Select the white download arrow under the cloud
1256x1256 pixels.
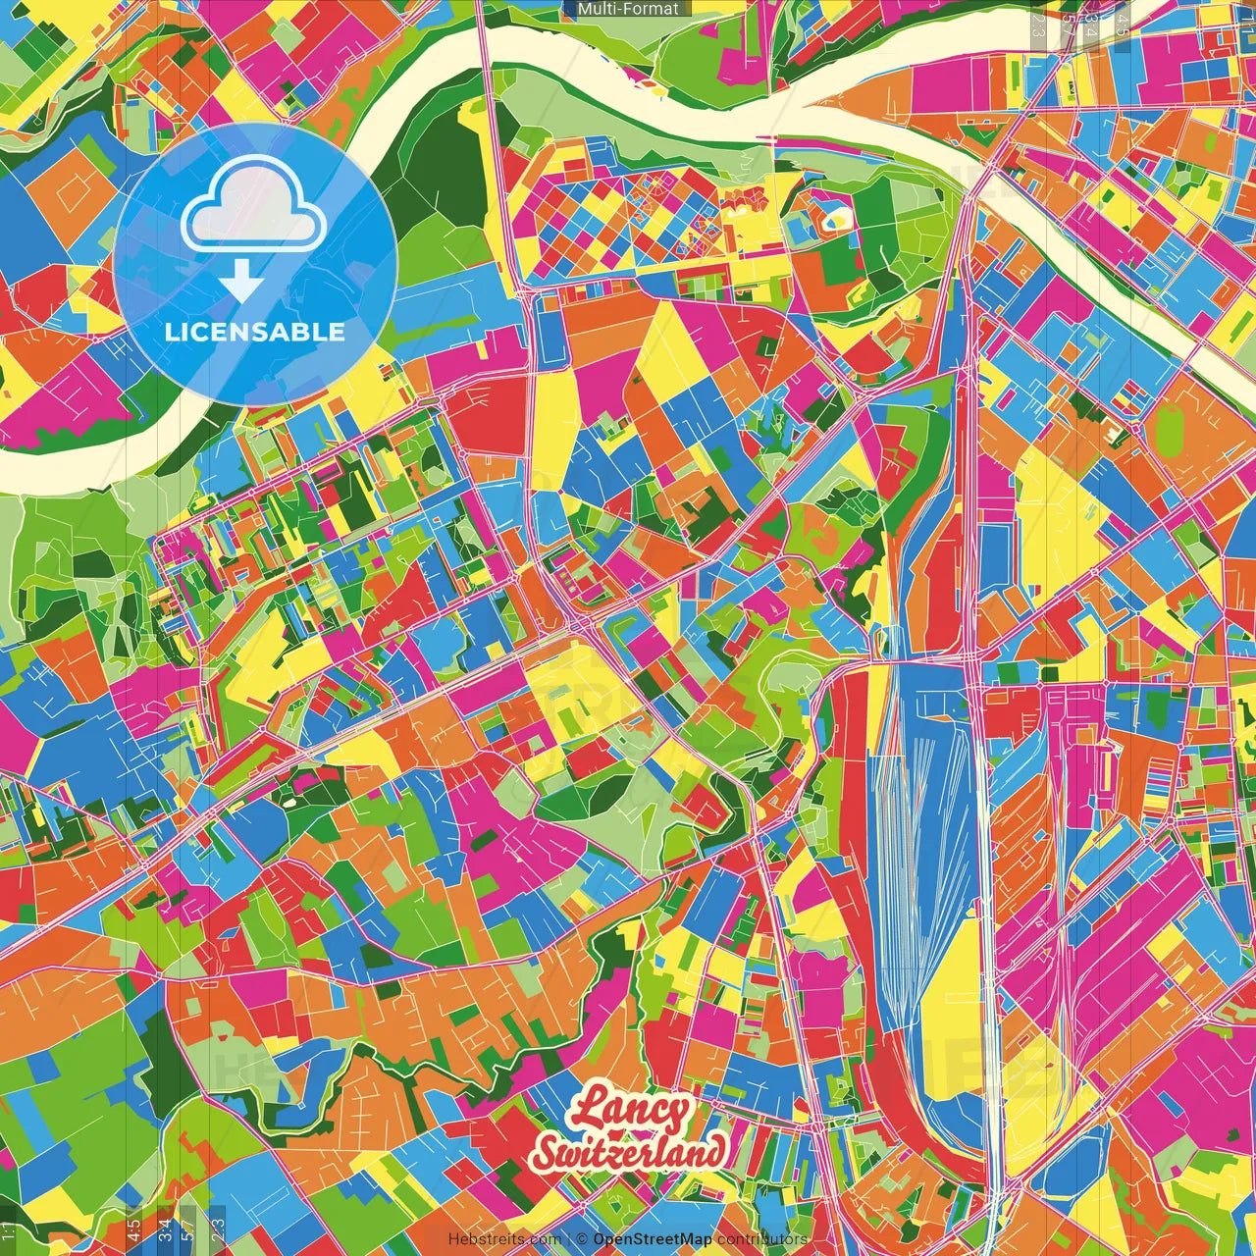[x=240, y=283]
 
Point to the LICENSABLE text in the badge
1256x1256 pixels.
[x=254, y=332]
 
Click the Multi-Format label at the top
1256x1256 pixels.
[x=627, y=9]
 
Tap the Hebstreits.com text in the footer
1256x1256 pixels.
[x=504, y=1239]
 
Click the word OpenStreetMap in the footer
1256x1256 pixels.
[x=653, y=1239]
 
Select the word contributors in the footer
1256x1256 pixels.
[x=761, y=1239]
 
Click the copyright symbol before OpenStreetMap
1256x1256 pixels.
[x=582, y=1239]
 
